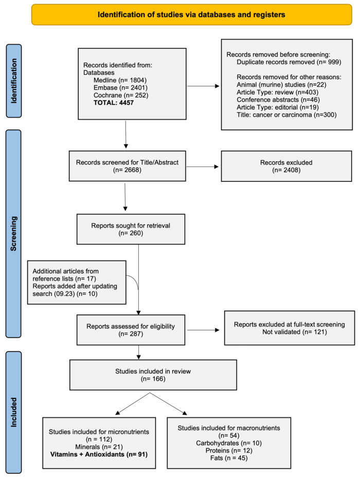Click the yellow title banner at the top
pyautogui.click(x=192, y=14)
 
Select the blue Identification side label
pyautogui.click(x=14, y=81)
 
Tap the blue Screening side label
pyautogui.click(x=14, y=234)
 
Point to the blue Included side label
pyautogui.click(x=14, y=412)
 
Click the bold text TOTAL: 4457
pyautogui.click(x=114, y=103)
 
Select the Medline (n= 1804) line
pyautogui.click(x=120, y=80)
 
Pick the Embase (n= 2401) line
pyautogui.click(x=121, y=88)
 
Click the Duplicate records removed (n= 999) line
pyautogui.click(x=289, y=62)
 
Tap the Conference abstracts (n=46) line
pyautogui.click(x=278, y=100)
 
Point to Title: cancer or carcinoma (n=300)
pyautogui.click(x=286, y=115)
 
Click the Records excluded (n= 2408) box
pyautogui.click(x=286, y=166)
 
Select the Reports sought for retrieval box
pyautogui.click(x=131, y=229)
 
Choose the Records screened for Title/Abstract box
pyautogui.click(x=128, y=166)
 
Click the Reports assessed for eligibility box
pyautogui.click(x=131, y=330)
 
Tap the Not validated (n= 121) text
pyautogui.click(x=295, y=332)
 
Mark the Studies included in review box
pyautogui.click(x=153, y=375)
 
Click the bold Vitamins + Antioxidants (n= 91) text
pyautogui.click(x=99, y=454)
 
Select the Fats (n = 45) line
pyautogui.click(x=229, y=458)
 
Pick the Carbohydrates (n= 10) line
pyautogui.click(x=229, y=443)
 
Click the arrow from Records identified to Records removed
pyautogui.click(x=203, y=86)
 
